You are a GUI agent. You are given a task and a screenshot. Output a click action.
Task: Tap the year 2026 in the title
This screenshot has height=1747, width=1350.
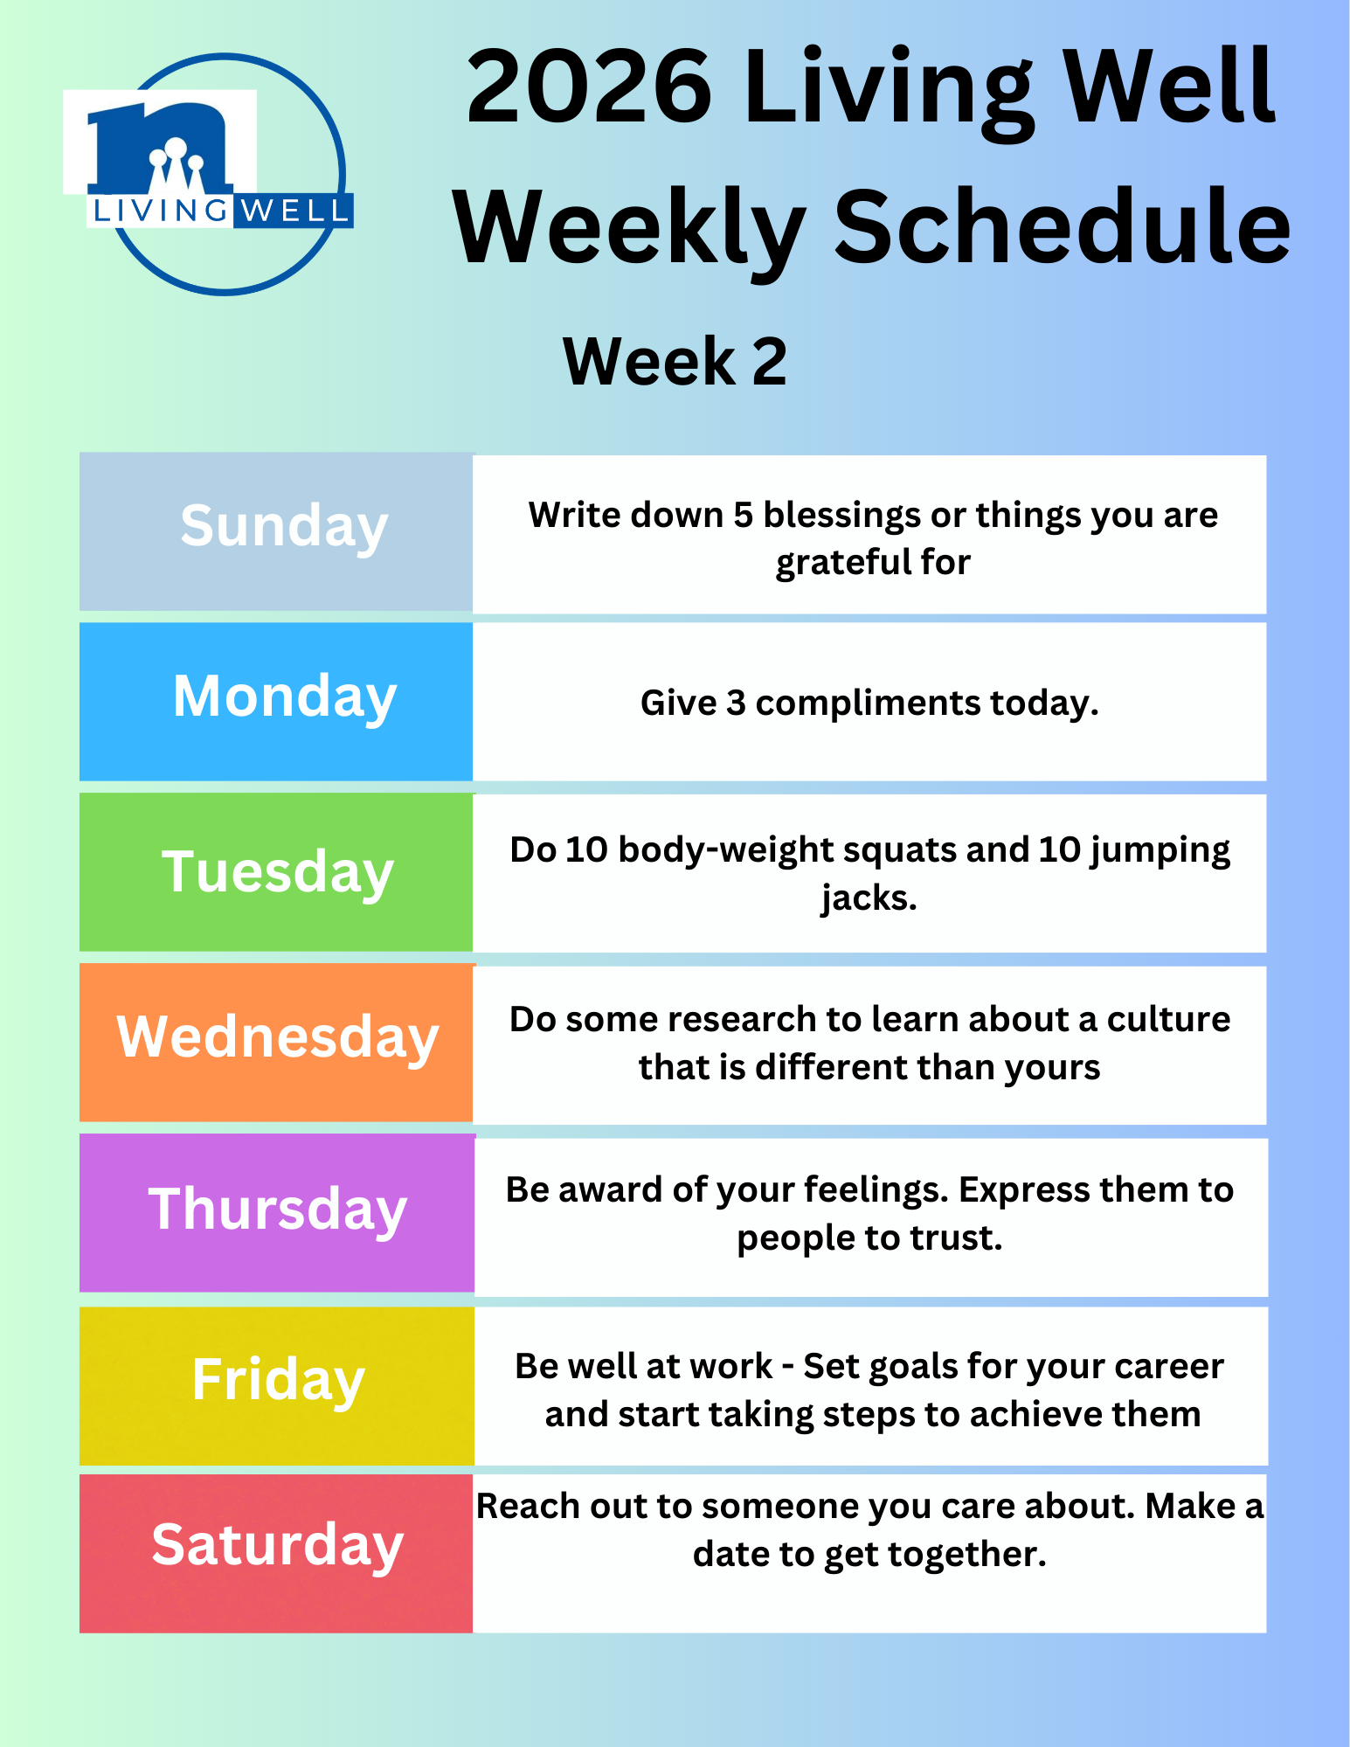(x=589, y=87)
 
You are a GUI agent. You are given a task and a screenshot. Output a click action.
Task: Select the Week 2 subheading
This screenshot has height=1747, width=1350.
(x=675, y=361)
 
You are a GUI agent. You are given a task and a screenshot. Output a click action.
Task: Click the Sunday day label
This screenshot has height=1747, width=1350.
(x=284, y=527)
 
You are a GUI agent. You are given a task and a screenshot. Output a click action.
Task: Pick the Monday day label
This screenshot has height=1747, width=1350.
(x=285, y=698)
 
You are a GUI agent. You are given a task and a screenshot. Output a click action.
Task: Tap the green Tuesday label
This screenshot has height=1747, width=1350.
(x=278, y=873)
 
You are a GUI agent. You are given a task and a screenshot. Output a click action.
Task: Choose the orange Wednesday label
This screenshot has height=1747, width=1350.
(x=278, y=1037)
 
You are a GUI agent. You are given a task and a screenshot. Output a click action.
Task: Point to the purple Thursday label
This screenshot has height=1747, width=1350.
(x=278, y=1210)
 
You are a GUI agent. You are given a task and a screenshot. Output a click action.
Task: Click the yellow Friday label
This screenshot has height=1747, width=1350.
(x=278, y=1381)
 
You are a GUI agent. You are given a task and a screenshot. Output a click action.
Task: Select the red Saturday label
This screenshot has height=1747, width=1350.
(x=278, y=1545)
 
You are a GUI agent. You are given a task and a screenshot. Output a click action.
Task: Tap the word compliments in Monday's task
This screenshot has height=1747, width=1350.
(x=868, y=704)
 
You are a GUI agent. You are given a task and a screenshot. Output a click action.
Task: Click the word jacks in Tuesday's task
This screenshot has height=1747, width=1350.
(x=869, y=898)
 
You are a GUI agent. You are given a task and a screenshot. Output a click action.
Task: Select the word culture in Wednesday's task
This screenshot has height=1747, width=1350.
(x=1168, y=1020)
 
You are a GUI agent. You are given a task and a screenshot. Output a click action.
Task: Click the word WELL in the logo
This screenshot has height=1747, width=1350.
(x=294, y=211)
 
